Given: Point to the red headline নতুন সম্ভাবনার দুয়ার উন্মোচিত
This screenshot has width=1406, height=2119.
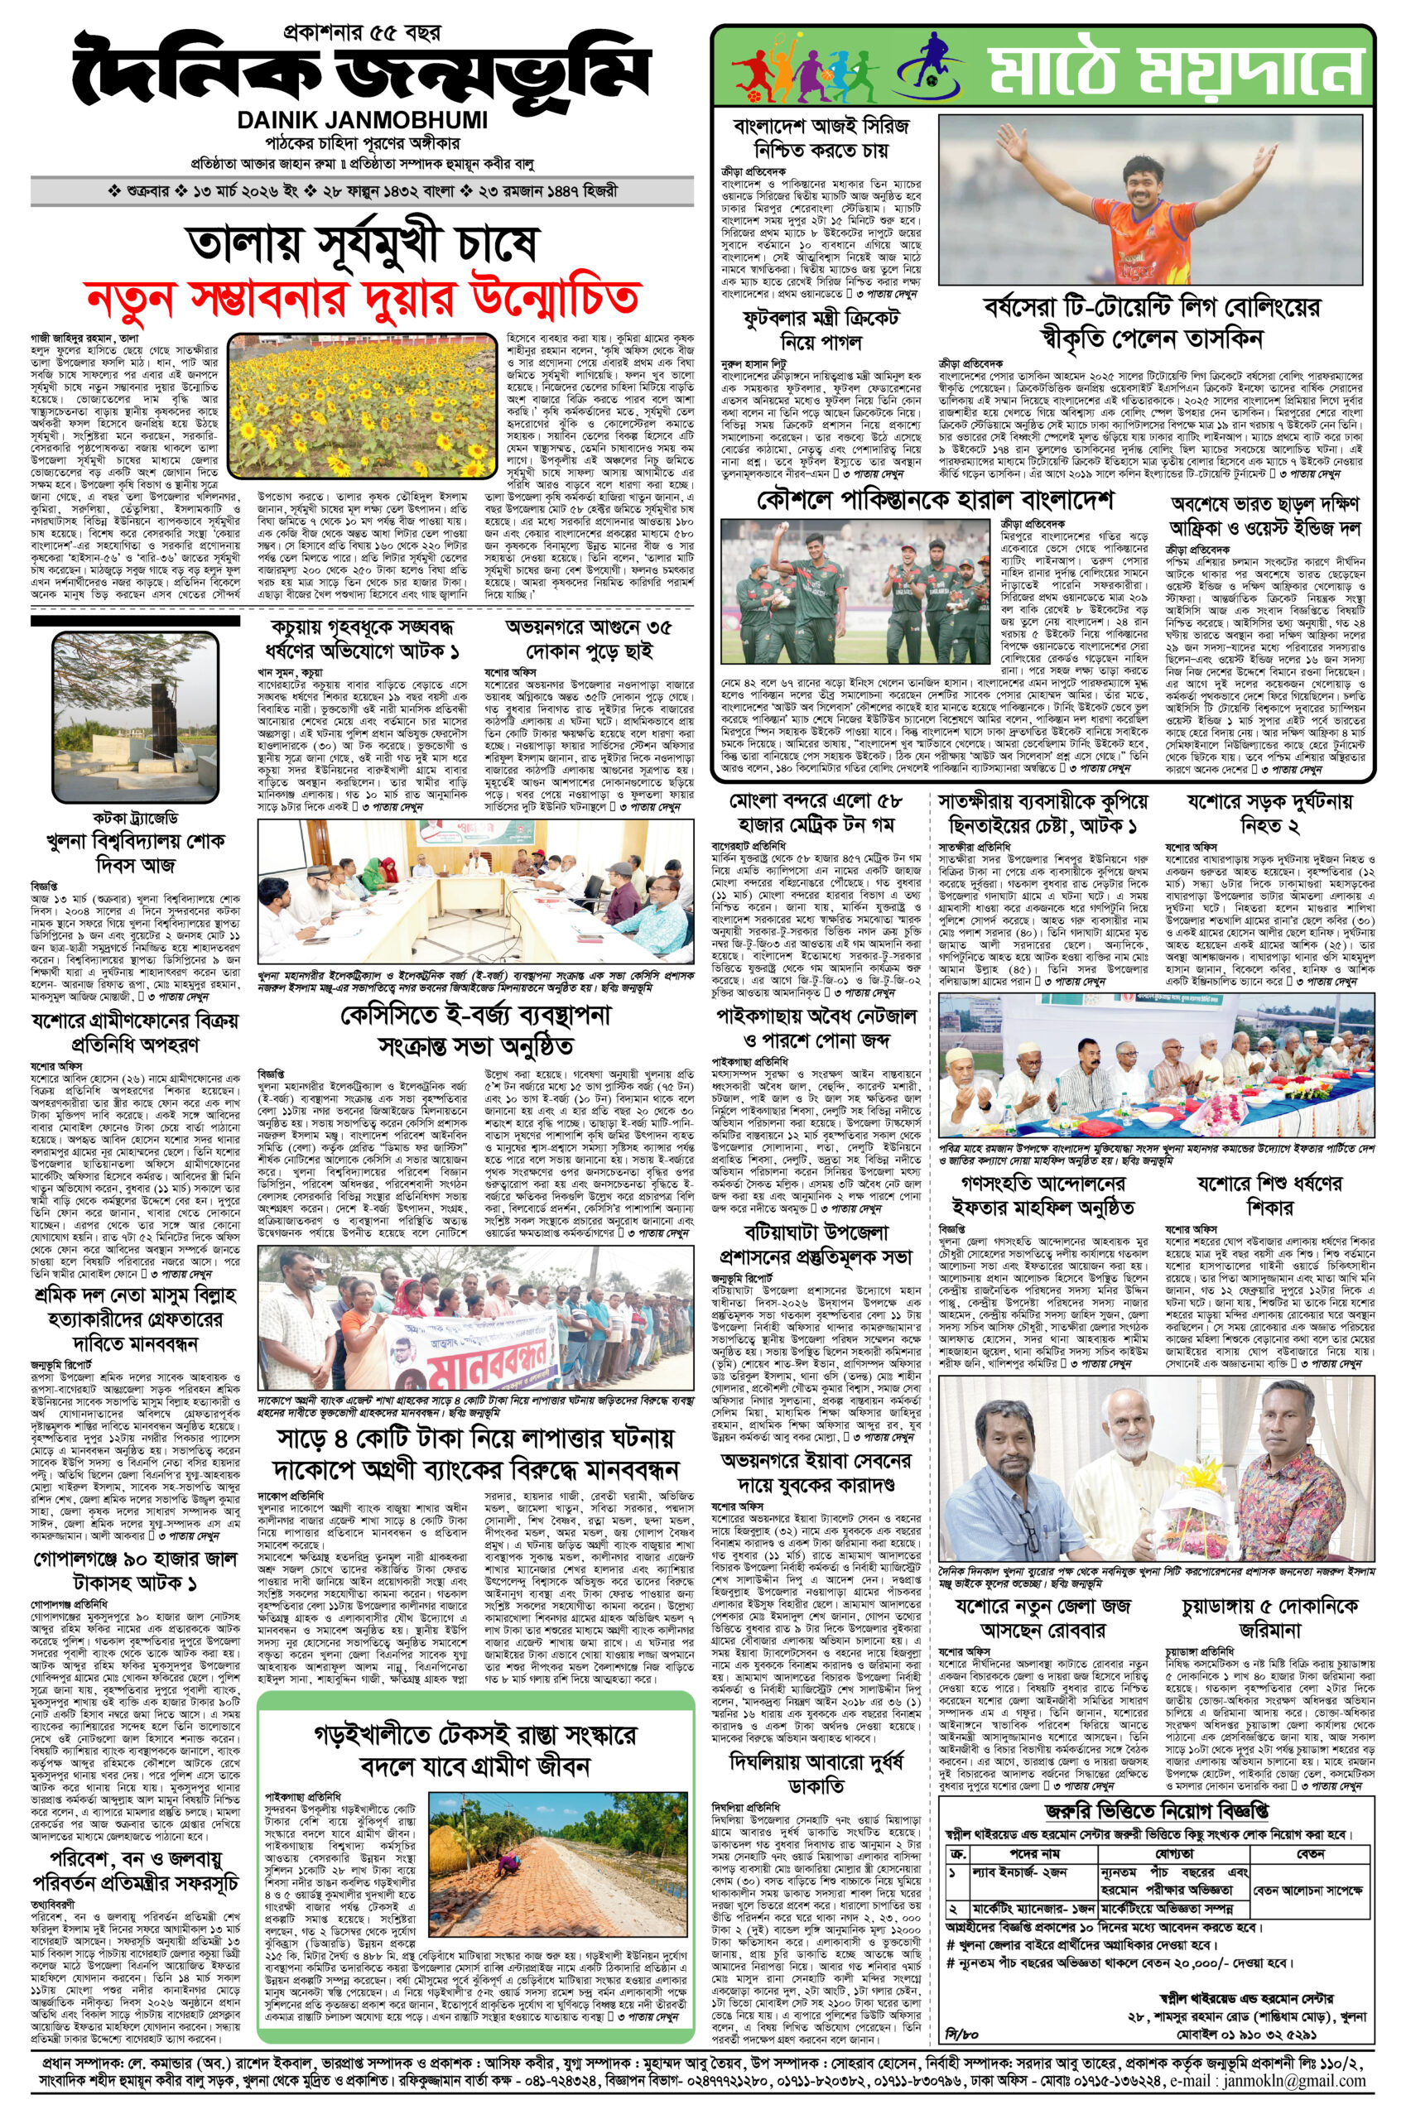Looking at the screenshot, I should [x=361, y=295].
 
